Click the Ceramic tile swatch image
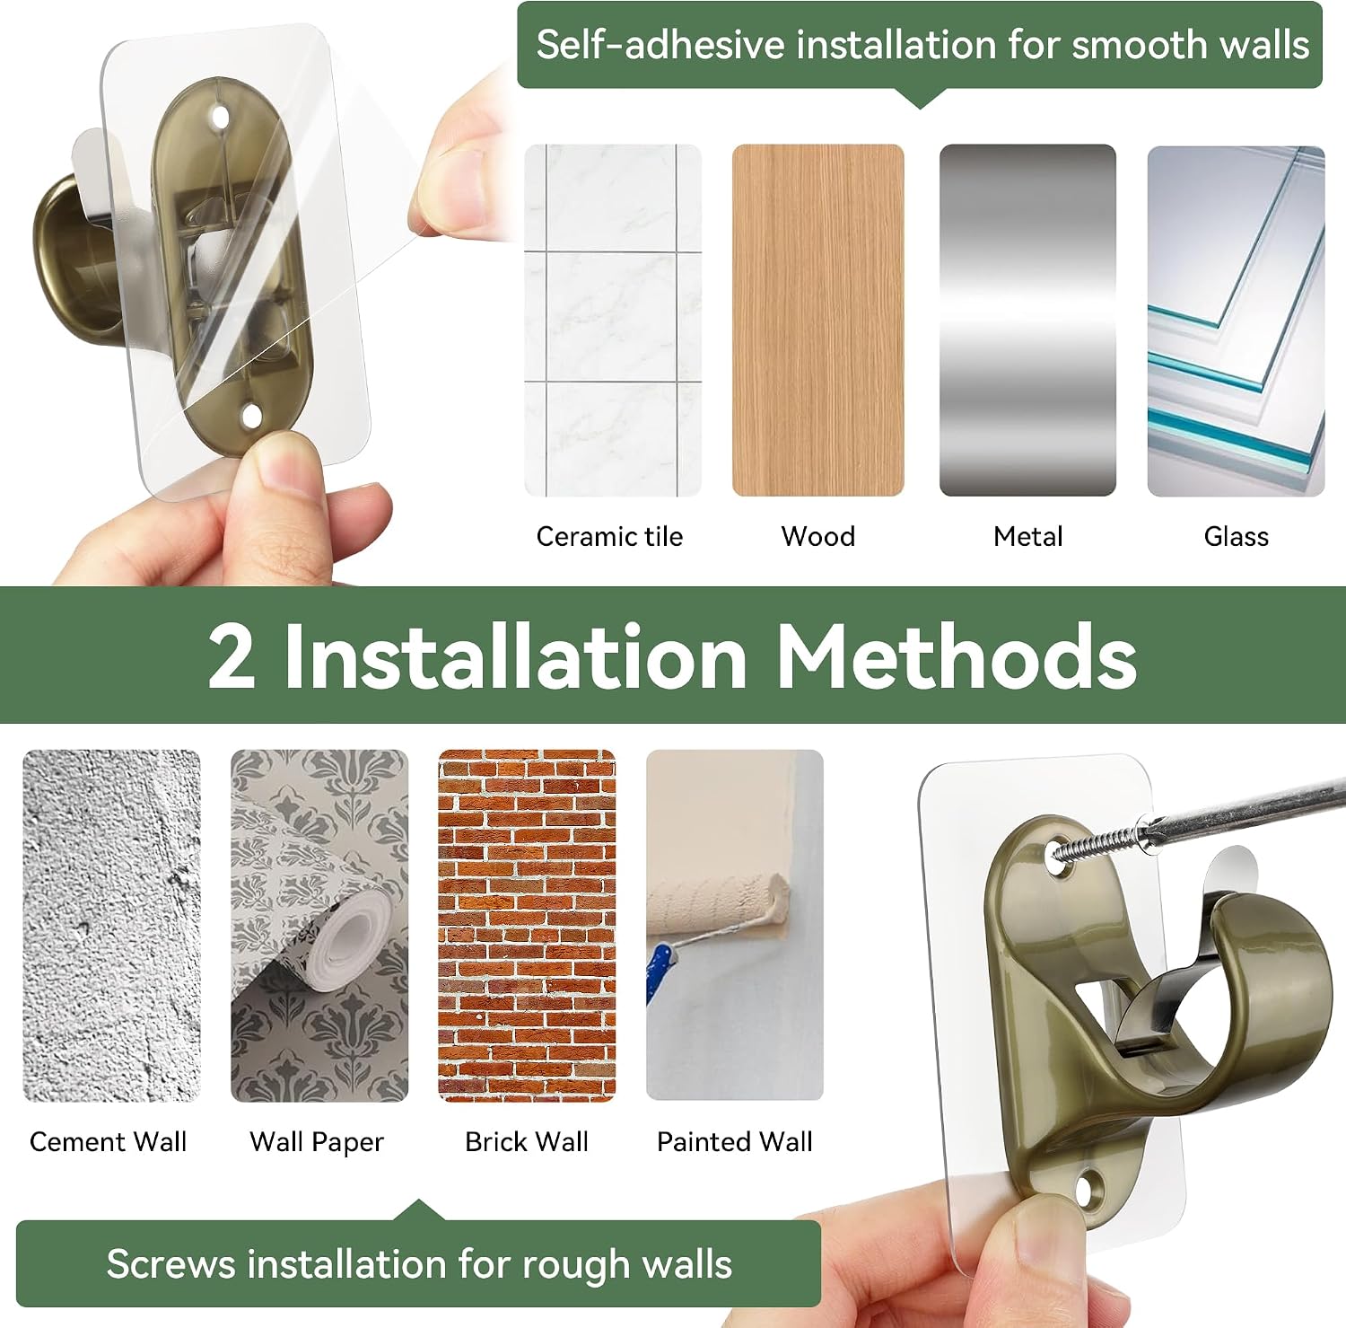point(613,321)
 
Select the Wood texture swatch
point(818,321)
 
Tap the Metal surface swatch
point(1027,321)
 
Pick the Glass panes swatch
point(1236,321)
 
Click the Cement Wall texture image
point(111,926)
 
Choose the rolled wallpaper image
point(319,926)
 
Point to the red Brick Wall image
point(527,926)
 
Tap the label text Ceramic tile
point(609,537)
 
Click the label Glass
point(1237,537)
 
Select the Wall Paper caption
point(317,1142)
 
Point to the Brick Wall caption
point(527,1142)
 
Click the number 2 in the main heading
point(232,655)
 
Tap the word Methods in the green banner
point(957,655)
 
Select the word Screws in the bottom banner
point(170,1264)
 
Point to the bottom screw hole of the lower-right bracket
point(1089,1192)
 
